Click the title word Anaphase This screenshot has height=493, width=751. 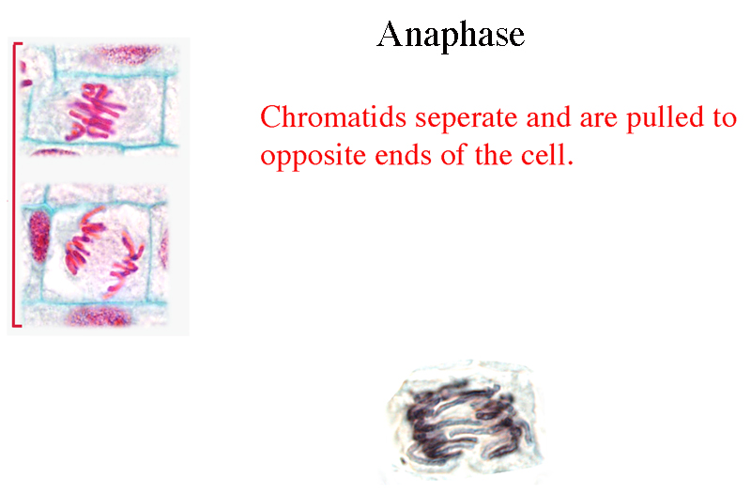451,35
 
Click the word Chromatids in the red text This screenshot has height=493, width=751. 333,117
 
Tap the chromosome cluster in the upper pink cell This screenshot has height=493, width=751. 95,113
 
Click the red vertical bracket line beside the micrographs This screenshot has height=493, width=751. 14,184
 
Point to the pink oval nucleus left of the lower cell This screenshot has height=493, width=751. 39,238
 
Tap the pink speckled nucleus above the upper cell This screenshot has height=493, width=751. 126,54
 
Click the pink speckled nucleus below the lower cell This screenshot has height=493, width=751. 100,316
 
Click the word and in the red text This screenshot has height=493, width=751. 548,117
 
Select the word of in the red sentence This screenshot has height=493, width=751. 452,156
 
